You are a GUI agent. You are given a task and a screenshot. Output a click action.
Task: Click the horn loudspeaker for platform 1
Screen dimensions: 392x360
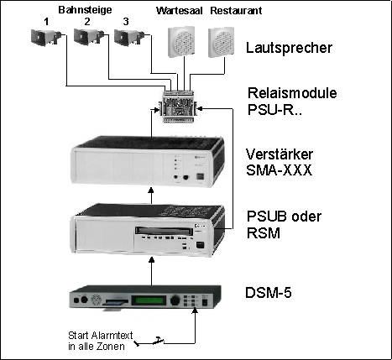point(46,37)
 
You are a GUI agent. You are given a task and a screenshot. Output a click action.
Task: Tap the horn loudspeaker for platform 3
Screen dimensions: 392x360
point(129,37)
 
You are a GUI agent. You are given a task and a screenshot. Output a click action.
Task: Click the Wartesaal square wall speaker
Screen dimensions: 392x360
point(181,42)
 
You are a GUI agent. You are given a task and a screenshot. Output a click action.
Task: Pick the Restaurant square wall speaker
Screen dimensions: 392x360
point(221,42)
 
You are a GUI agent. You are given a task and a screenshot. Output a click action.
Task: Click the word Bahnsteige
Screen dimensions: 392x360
point(85,10)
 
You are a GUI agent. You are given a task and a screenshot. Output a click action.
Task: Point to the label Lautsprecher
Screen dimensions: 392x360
point(289,48)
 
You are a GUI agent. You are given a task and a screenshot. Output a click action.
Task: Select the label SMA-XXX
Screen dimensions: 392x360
point(279,170)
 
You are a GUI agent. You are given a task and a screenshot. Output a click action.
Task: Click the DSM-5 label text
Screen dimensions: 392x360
point(269,293)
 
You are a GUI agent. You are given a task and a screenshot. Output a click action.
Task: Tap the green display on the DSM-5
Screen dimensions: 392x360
point(149,300)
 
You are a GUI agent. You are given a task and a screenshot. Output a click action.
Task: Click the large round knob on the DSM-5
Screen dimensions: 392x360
point(175,300)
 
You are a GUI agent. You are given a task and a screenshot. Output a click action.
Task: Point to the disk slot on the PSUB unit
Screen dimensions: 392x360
point(164,231)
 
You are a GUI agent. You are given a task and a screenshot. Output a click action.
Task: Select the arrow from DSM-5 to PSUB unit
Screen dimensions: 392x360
point(151,271)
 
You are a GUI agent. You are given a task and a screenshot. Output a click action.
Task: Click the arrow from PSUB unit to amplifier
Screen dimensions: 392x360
point(151,196)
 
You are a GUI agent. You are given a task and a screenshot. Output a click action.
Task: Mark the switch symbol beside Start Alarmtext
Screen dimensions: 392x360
point(149,342)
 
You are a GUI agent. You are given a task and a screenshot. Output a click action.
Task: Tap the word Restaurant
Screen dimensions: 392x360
point(236,11)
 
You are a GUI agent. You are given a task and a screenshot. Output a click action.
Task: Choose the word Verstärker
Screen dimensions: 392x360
point(280,154)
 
